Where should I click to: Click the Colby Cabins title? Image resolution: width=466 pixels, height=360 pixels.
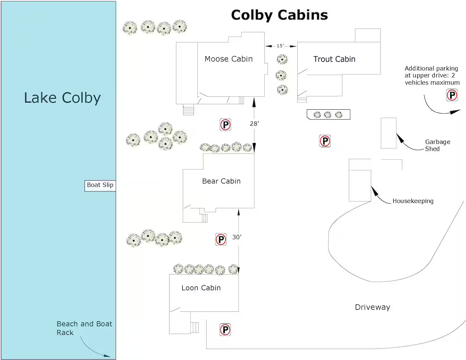(x=279, y=15)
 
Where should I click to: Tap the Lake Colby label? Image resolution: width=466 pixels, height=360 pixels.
(x=62, y=98)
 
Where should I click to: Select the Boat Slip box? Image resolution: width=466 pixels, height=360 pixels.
(x=100, y=186)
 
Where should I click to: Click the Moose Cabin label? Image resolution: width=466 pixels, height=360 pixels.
(x=228, y=59)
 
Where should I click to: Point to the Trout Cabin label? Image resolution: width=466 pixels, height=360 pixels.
(x=334, y=59)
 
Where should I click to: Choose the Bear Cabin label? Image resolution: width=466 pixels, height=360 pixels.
(x=221, y=181)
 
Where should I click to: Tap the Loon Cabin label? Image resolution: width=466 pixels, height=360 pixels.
(x=201, y=288)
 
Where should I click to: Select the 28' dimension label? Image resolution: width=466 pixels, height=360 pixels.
(x=254, y=124)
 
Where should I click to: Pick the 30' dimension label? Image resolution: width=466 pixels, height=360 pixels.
(x=237, y=237)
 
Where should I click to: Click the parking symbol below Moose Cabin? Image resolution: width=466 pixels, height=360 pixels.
(x=225, y=125)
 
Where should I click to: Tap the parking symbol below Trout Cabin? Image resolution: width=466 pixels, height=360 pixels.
(x=325, y=141)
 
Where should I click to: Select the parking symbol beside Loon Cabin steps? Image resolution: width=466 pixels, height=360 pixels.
(x=225, y=330)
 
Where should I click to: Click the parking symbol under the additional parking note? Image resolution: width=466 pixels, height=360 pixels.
(x=452, y=95)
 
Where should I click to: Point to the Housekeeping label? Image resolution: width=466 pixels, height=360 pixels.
(x=413, y=201)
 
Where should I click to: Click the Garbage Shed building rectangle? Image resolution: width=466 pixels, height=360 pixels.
(x=389, y=133)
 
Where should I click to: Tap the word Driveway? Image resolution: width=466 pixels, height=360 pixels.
(x=372, y=307)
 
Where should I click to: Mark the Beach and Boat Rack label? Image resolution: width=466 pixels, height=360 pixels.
(x=84, y=328)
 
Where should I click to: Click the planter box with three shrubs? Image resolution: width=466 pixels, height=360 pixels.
(x=328, y=115)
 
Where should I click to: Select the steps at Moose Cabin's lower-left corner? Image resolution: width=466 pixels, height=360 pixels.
(x=188, y=110)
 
